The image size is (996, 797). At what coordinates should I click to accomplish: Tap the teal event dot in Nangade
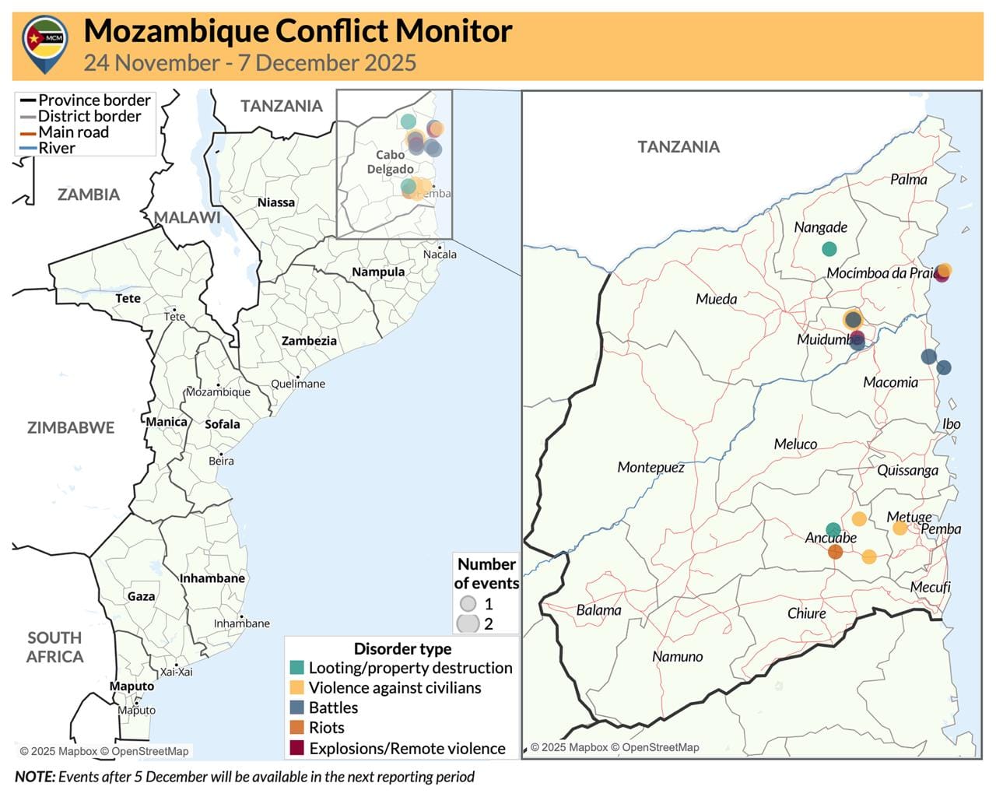(x=829, y=249)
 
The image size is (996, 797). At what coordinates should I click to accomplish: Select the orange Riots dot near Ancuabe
(x=836, y=552)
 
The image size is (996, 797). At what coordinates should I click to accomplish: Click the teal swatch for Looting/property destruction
(x=296, y=668)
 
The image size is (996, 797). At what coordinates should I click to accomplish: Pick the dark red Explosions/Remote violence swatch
(x=296, y=748)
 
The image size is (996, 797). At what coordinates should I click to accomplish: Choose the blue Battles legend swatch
(x=296, y=707)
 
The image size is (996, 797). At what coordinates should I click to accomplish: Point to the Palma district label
(x=909, y=180)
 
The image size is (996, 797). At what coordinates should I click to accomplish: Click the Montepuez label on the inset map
(x=651, y=468)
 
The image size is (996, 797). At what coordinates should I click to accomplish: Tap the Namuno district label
(x=677, y=657)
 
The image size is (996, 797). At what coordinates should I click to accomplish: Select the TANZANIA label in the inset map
(x=679, y=146)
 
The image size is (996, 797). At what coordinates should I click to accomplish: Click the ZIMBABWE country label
(x=71, y=427)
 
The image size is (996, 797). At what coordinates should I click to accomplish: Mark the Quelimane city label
(x=298, y=384)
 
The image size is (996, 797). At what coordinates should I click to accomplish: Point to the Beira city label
(x=221, y=461)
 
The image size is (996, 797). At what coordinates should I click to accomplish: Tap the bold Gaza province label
(x=141, y=596)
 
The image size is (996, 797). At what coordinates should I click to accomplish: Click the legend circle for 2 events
(x=468, y=623)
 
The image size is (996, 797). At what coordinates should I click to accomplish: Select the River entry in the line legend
(x=57, y=148)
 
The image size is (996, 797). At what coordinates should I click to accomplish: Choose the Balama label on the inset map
(x=599, y=610)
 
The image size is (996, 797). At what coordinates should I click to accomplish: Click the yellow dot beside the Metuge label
(x=900, y=528)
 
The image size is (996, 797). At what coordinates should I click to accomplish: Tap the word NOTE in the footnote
(x=35, y=776)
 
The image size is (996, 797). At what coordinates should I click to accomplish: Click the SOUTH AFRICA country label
(x=54, y=647)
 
